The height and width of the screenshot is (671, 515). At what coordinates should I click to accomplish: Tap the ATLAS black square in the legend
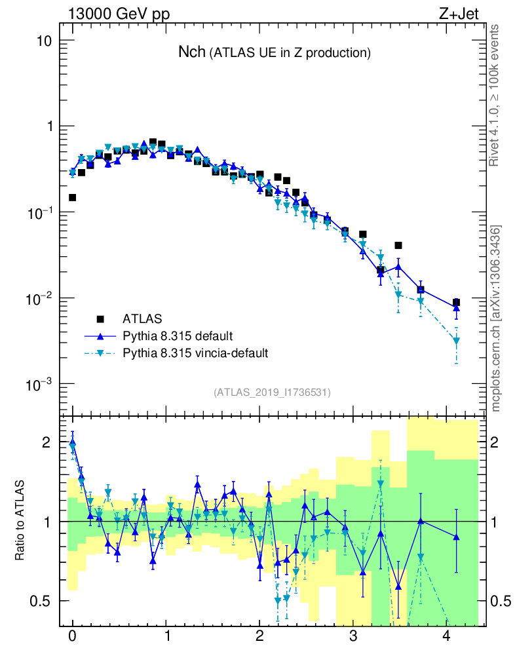point(100,319)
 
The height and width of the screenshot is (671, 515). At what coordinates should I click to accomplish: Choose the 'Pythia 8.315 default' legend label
point(178,336)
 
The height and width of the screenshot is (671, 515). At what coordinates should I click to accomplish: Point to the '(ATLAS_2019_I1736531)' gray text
point(272,393)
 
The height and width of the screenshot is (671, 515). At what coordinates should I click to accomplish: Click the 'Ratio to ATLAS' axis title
point(21,521)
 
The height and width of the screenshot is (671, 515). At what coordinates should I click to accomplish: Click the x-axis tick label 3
point(353,636)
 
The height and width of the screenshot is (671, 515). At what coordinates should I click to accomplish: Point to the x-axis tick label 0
point(72,636)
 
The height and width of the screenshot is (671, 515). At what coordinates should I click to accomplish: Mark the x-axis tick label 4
point(447,636)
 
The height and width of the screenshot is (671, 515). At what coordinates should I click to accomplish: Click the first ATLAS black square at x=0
point(72,197)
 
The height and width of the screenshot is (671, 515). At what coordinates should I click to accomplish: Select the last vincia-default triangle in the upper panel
point(456,341)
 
